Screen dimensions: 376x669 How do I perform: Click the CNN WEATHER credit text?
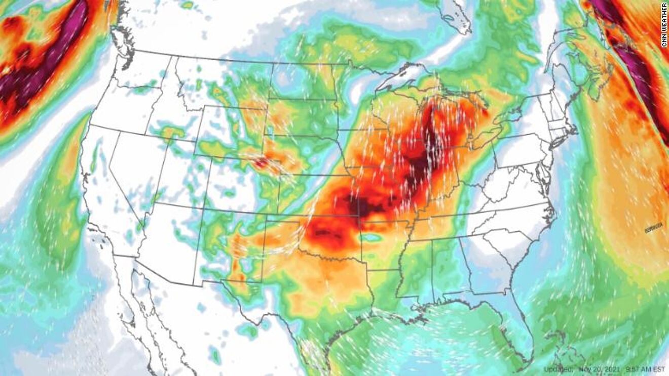664,25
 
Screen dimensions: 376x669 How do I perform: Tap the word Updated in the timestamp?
558,369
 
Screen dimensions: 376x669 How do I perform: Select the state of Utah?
175,172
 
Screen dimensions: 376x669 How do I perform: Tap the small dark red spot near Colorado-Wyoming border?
262,162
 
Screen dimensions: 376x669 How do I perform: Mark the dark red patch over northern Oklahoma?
324,233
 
